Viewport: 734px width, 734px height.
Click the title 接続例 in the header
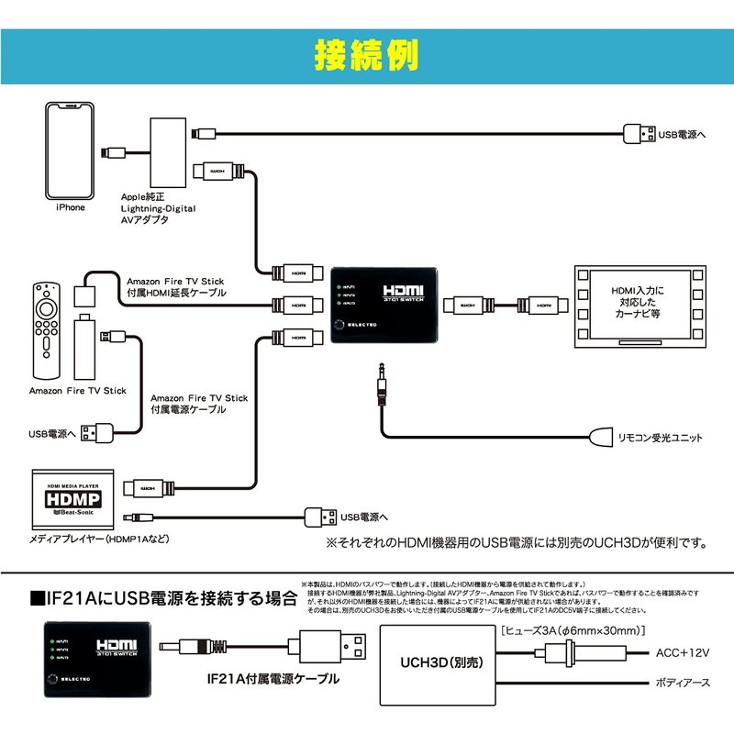click(x=367, y=54)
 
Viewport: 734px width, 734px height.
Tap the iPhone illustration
click(x=71, y=150)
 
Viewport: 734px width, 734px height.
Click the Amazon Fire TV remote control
click(x=43, y=331)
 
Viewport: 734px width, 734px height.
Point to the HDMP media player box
click(x=72, y=501)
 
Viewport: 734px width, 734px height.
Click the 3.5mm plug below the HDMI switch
click(x=379, y=385)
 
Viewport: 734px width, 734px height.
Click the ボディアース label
click(x=684, y=684)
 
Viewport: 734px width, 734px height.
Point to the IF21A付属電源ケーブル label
click(x=273, y=680)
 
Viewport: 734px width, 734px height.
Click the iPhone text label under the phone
click(x=70, y=207)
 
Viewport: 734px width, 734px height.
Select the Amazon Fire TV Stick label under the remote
click(x=77, y=391)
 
